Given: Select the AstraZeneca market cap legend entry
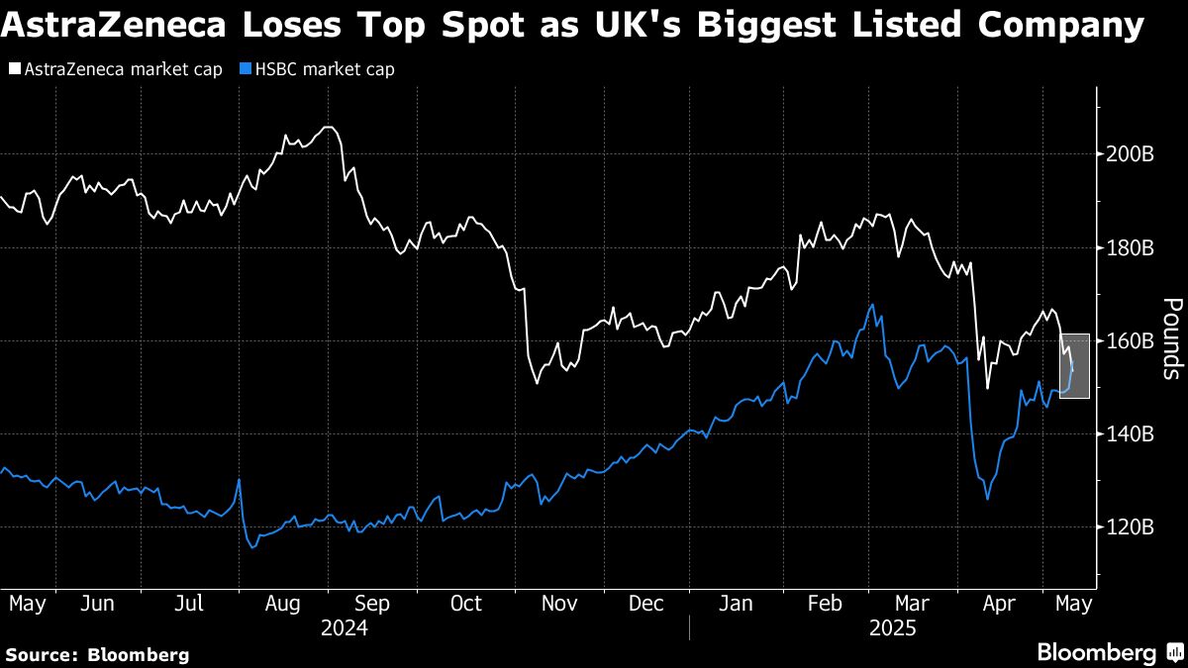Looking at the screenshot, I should [x=116, y=69].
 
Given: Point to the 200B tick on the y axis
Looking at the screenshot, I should [x=1130, y=154].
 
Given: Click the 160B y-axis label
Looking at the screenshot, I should [x=1130, y=340].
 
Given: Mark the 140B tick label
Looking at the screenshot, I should [x=1130, y=433].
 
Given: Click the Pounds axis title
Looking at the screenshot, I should [x=1170, y=338].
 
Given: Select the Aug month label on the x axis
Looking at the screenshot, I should [x=283, y=603].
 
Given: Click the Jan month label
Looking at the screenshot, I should [x=736, y=603].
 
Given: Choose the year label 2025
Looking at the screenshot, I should [x=893, y=628].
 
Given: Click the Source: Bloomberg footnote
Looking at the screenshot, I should [x=97, y=654].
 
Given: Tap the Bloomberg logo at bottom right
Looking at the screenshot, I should [x=1108, y=653].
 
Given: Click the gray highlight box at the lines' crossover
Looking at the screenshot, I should [x=1074, y=365].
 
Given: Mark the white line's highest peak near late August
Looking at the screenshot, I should [x=328, y=128].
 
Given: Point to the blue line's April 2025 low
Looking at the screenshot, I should [x=987, y=499].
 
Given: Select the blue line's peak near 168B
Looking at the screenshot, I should [x=872, y=305].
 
